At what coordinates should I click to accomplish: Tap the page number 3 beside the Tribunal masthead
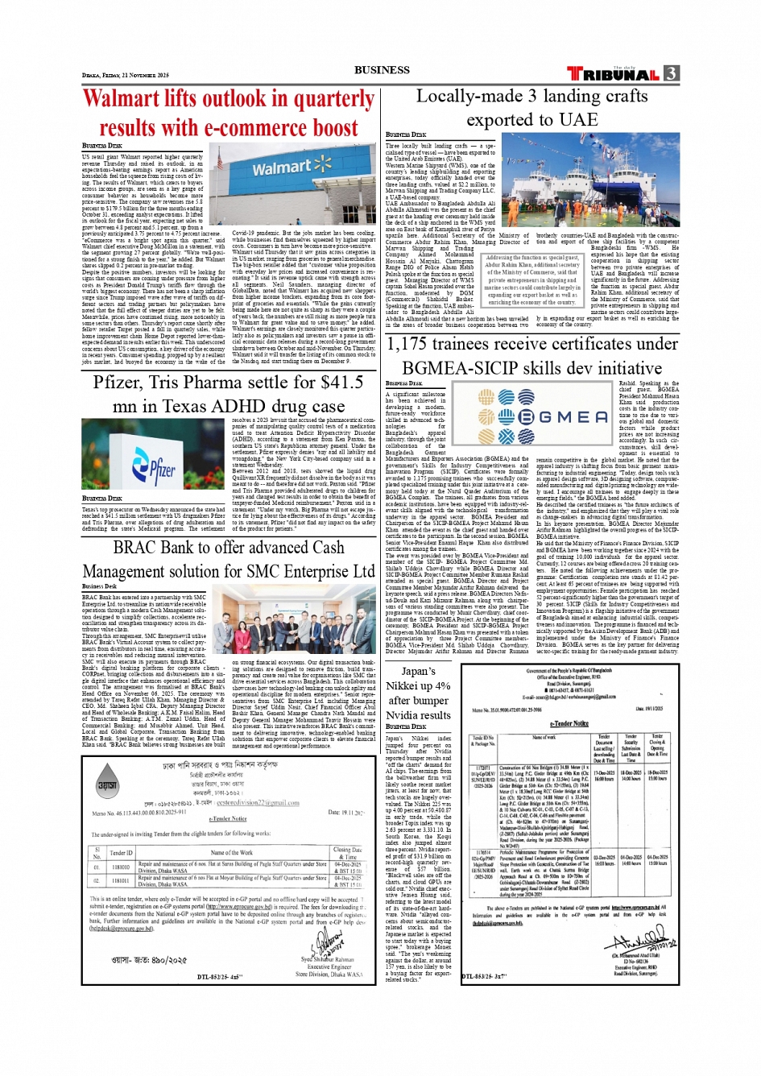tap(671, 73)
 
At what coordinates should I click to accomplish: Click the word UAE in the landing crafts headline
tap(578, 121)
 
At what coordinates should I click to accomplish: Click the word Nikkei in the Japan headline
tap(407, 685)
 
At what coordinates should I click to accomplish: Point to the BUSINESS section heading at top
tap(381, 70)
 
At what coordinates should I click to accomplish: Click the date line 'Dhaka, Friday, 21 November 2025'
tap(125, 75)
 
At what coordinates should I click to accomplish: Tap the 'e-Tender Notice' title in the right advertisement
tap(569, 723)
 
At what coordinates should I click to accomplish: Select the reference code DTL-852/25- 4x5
tap(220, 977)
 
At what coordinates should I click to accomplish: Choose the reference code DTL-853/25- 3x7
tap(484, 977)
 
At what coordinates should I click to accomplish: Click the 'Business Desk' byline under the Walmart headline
tap(101, 146)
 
